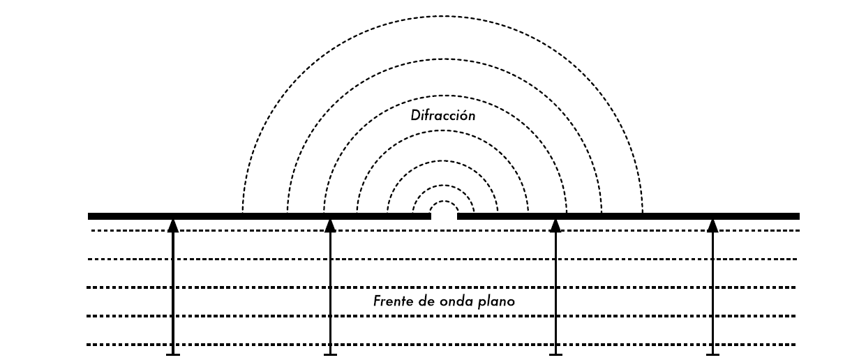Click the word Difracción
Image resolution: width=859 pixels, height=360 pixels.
click(x=443, y=115)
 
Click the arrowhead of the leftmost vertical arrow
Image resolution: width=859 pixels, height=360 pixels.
click(x=173, y=225)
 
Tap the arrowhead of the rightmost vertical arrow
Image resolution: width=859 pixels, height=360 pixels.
click(x=712, y=225)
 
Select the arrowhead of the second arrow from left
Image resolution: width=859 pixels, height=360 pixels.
click(x=331, y=225)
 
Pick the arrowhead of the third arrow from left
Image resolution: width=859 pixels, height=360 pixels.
click(x=555, y=225)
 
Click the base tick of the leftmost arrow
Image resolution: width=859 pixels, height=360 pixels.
click(x=173, y=354)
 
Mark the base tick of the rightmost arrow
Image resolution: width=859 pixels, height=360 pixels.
click(x=712, y=354)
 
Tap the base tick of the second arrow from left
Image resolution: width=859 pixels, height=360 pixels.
click(x=331, y=354)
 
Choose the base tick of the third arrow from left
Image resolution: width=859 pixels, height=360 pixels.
click(x=555, y=354)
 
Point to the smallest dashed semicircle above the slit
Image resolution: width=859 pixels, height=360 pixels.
click(x=444, y=202)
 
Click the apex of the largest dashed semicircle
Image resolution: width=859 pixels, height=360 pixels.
click(x=442, y=16)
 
